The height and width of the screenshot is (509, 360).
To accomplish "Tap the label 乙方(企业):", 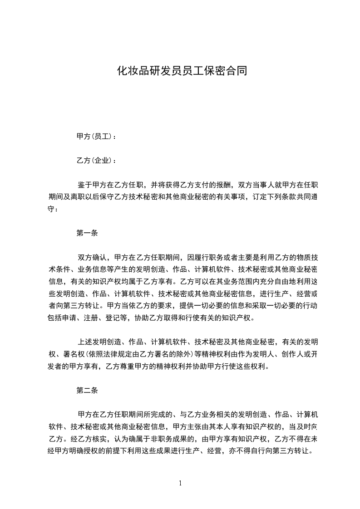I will (96, 161).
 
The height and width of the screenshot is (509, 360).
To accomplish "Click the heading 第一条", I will (87, 234).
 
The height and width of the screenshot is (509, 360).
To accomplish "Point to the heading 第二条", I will (87, 390).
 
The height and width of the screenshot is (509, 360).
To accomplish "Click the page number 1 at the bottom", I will (180, 483).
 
